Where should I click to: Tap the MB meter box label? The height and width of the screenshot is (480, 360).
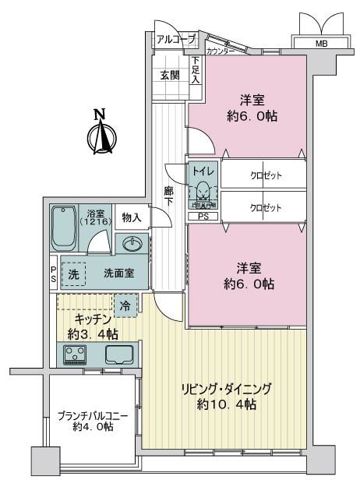pyautogui.click(x=321, y=44)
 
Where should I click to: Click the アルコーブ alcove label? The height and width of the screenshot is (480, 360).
pyautogui.click(x=176, y=40)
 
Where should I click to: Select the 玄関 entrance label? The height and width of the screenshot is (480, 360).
pyautogui.click(x=170, y=75)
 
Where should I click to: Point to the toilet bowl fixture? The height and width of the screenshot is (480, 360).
pyautogui.click(x=203, y=192)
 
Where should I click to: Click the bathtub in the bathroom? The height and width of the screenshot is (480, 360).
pyautogui.click(x=63, y=228)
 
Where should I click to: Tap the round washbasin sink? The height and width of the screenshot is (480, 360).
pyautogui.click(x=132, y=244)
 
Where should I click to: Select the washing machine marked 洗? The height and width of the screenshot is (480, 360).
pyautogui.click(x=73, y=274)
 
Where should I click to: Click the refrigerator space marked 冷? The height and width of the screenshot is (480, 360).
pyautogui.click(x=125, y=305)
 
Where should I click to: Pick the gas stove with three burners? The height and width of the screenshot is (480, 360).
pyautogui.click(x=75, y=355)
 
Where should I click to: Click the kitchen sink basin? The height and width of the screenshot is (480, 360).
pyautogui.click(x=119, y=355)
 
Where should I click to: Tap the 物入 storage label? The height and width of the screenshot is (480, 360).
pyautogui.click(x=132, y=217)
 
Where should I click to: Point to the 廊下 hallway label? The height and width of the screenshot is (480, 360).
pyautogui.click(x=168, y=196)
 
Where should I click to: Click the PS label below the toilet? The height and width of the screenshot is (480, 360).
pyautogui.click(x=203, y=217)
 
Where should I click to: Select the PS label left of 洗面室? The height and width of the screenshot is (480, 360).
pyautogui.click(x=53, y=274)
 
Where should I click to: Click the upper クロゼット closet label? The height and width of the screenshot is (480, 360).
pyautogui.click(x=266, y=176)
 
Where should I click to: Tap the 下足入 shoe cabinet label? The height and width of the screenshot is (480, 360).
pyautogui.click(x=196, y=70)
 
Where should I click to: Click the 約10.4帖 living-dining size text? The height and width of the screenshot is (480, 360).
pyautogui.click(x=226, y=404)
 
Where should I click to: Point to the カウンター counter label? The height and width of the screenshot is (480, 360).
pyautogui.click(x=221, y=51)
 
